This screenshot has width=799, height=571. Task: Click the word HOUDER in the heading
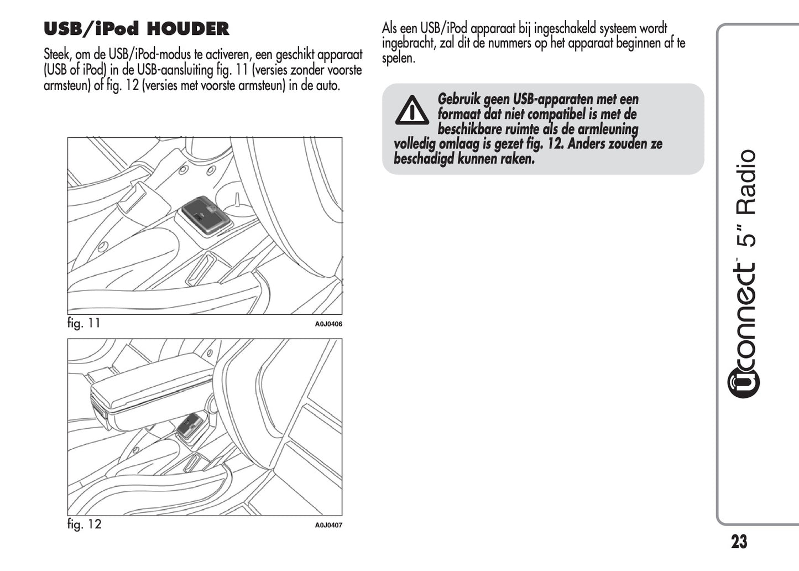pos(188,29)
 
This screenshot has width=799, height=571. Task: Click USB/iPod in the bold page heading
pos(91,29)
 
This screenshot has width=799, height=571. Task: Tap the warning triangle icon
pos(412,110)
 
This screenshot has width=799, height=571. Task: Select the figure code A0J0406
pos(328,324)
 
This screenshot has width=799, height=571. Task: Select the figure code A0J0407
pos(328,525)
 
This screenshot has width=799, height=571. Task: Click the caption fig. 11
pos(84,323)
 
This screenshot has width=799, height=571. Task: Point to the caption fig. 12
pos(85,524)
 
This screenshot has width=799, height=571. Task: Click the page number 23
pos(739,542)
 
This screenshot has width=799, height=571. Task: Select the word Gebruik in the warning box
pos(459,100)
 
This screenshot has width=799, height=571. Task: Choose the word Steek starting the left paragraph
pos(57,55)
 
